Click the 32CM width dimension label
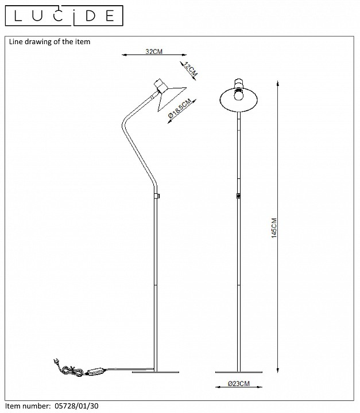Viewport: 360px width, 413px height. [154, 52]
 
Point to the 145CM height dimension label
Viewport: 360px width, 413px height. [274, 228]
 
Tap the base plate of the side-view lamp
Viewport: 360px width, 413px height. [153, 372]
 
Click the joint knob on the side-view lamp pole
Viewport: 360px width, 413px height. [157, 196]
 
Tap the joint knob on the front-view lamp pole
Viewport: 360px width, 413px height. [239, 196]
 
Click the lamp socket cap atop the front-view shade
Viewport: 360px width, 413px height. [239, 83]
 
